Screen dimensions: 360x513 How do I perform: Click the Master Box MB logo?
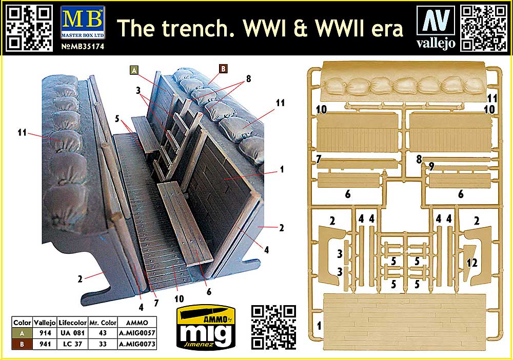click(x=82, y=19)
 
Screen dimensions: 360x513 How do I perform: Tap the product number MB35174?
click(x=83, y=45)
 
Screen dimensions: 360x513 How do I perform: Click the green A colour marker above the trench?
click(x=134, y=71)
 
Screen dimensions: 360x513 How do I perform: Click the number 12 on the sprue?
click(x=471, y=263)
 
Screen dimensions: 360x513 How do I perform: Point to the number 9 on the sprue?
click(x=432, y=166)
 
